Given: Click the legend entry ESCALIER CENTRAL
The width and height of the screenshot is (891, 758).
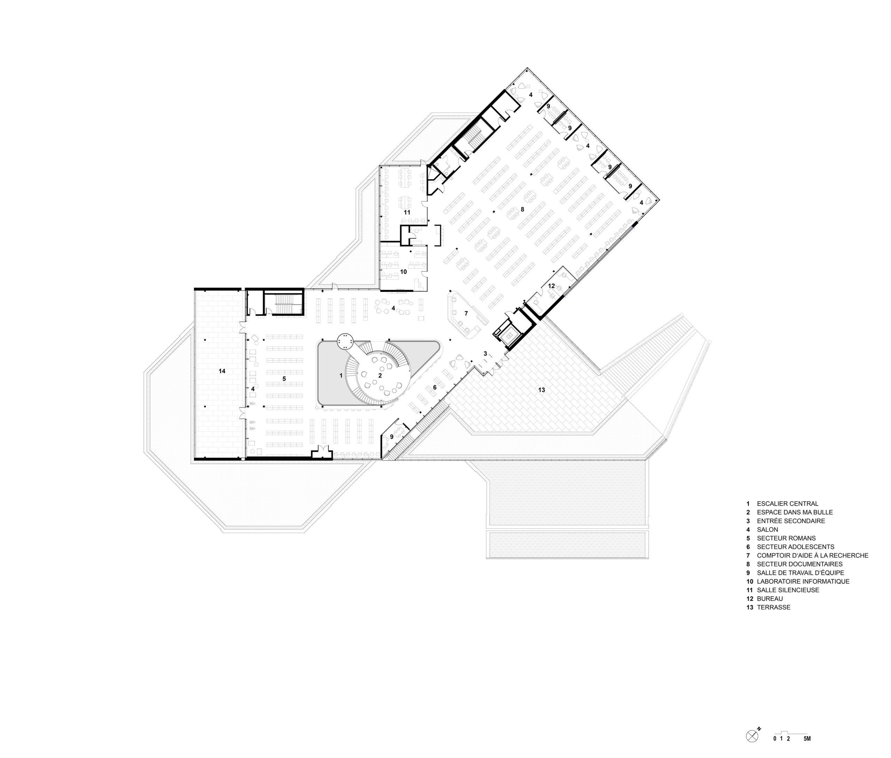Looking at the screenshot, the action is [787, 504].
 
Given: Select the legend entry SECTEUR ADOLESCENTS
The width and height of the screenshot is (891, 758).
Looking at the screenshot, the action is [796, 547].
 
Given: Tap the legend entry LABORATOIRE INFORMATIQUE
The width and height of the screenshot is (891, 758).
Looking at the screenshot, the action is [803, 582].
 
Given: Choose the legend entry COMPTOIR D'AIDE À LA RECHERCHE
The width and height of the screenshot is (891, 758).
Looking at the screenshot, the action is [813, 555].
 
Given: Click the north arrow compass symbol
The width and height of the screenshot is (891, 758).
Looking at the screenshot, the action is [752, 748].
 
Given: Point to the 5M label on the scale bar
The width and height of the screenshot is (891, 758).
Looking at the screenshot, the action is [807, 751].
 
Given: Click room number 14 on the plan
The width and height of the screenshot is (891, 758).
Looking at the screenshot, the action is [222, 371].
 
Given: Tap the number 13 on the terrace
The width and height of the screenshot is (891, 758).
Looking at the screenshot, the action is [542, 390].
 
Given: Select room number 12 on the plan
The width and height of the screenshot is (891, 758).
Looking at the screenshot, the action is [551, 286].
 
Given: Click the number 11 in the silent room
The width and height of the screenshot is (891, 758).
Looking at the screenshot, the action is [407, 212].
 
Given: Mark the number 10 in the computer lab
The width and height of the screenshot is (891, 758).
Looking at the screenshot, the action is [403, 272].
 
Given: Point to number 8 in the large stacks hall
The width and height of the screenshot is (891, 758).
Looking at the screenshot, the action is [522, 209].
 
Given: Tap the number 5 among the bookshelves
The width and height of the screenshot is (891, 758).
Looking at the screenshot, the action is [284, 379].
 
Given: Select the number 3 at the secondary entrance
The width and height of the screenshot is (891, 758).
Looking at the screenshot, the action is [485, 354].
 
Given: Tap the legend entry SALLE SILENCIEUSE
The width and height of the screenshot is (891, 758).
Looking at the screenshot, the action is [788, 590].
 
